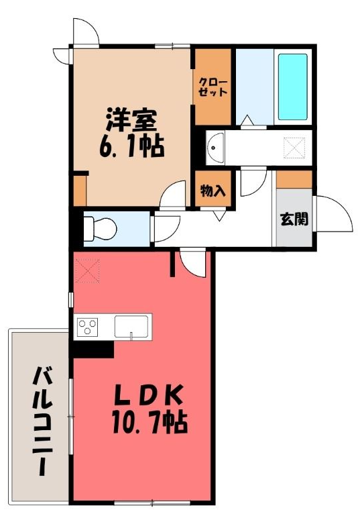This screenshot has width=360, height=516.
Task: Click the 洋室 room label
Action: tap(131, 121)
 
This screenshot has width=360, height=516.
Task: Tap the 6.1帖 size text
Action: tap(131, 147)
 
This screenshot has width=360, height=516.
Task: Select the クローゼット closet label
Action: tap(213, 87)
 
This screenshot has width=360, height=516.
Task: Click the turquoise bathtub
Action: tap(292, 87)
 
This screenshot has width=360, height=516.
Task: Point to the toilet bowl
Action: tap(101, 229)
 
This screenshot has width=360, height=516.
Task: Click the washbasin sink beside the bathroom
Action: tap(215, 148)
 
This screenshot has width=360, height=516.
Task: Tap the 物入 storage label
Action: tap(213, 191)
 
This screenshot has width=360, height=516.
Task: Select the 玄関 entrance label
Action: tap(294, 219)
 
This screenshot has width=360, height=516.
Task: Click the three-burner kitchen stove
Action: tap(87, 327)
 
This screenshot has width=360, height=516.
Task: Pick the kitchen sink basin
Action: tap(131, 327)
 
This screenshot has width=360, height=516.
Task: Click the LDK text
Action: tap(148, 395)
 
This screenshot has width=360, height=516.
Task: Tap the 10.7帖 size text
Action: tap(150, 422)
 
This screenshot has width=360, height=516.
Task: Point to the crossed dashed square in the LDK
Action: tap(87, 270)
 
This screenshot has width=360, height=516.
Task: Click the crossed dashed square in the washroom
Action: tap(294, 148)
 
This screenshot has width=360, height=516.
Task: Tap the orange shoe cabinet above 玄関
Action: tap(294, 179)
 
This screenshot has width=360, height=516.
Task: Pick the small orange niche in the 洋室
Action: tap(80, 191)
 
